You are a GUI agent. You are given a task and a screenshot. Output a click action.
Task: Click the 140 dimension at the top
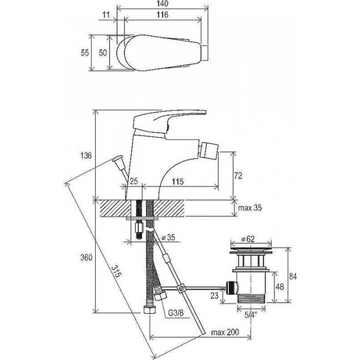pyautogui.click(x=163, y=4)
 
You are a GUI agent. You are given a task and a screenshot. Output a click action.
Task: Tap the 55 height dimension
pyautogui.click(x=85, y=53)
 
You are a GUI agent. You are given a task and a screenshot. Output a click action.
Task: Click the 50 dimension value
pyautogui.click(x=102, y=53)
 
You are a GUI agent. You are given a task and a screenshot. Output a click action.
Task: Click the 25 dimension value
pyautogui.click(x=134, y=182)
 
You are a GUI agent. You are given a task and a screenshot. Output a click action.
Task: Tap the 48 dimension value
pyautogui.click(x=280, y=286)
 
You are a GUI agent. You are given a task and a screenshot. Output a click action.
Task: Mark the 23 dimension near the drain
pyautogui.click(x=214, y=294)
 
